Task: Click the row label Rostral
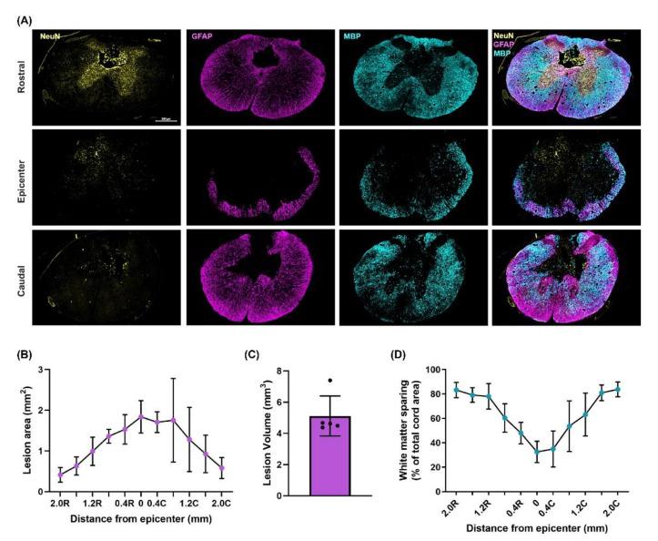[x=20, y=76]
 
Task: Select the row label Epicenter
[x=20, y=175]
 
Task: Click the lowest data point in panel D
[x=537, y=452]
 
